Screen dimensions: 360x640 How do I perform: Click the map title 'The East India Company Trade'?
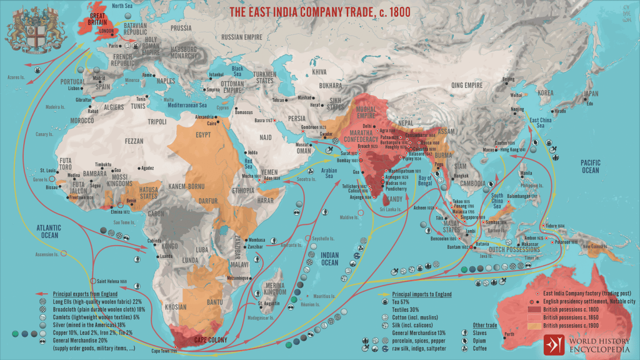[x=320, y=12]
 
